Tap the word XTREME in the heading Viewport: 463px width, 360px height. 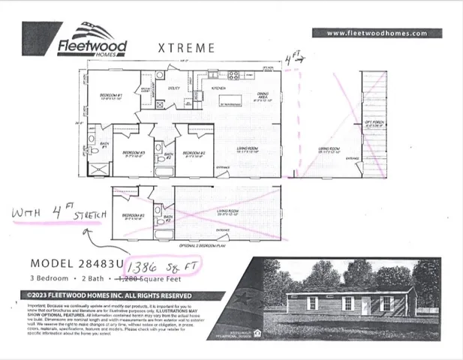click(186, 47)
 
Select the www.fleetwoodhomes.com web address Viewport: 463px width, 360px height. click(377, 33)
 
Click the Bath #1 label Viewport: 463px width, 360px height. click(105, 145)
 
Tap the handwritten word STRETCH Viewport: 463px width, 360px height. click(85, 215)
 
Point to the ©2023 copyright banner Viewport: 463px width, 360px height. click(112, 295)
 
